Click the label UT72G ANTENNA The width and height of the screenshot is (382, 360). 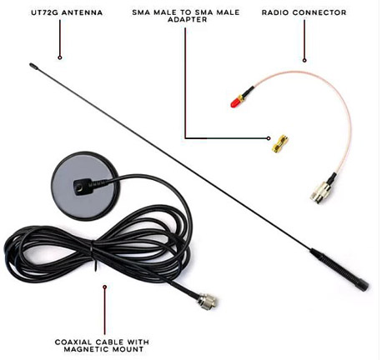coord(67,12)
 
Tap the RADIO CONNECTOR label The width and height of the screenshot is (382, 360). coord(304,12)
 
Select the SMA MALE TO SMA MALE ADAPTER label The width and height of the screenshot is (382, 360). coord(186,16)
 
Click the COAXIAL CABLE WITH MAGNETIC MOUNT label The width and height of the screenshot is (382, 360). coord(102,346)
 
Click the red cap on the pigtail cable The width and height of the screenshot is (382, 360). coord(235,102)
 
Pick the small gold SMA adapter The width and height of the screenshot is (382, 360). coord(280,144)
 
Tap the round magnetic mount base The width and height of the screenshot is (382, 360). coord(83,186)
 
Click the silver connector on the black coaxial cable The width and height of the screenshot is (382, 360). coord(208,300)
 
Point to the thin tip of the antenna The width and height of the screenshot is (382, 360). coord(32,65)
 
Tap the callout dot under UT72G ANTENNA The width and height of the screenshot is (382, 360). coord(60,57)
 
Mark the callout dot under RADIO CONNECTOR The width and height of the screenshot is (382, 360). coord(304,60)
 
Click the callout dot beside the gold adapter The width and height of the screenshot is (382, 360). coord(269,138)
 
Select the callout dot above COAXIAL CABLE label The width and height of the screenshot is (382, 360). coord(105,287)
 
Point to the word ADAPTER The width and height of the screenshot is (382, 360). coord(188,19)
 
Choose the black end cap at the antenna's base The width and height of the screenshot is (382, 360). coord(362,285)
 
